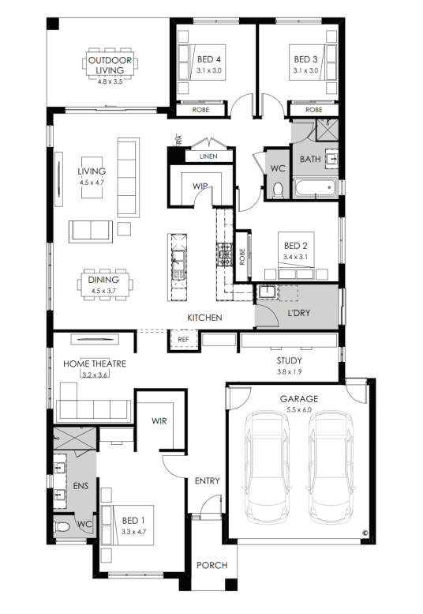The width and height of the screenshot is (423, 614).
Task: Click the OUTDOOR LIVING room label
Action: coord(110,65)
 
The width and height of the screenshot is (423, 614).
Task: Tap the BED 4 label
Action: coord(209,59)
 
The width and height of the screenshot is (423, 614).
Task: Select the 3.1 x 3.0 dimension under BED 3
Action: coord(305,71)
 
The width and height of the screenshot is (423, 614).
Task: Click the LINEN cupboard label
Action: coord(208,156)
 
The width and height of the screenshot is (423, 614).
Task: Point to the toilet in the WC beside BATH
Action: coord(278,190)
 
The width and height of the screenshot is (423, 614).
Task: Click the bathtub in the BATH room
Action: coord(315,188)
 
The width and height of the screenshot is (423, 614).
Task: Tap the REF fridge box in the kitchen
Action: coord(183,340)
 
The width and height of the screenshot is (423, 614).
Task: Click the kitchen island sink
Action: coord(178,265)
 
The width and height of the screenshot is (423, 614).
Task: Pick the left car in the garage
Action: coord(267,466)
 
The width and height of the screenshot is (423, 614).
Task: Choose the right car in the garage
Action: coord(331,466)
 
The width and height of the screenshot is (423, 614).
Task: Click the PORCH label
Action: coord(211,565)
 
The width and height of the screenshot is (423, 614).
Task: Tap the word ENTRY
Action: coord(208,480)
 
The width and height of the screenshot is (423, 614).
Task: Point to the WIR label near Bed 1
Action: coord(159,421)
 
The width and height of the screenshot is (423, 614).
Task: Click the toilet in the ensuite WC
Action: coord(62,526)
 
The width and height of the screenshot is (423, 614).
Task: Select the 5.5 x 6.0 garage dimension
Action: coord(299,409)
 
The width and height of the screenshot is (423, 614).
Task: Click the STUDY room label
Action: coord(290,360)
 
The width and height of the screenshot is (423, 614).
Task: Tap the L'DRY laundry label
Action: coord(298,313)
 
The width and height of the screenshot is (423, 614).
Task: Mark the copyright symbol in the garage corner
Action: coord(365,533)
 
